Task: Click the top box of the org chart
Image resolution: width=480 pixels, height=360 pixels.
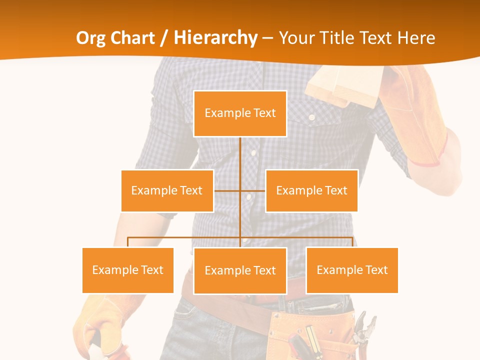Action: pos(240,113)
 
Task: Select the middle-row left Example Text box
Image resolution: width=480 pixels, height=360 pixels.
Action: pos(167,190)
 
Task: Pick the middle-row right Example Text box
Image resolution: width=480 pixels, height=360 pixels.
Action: pos(311,190)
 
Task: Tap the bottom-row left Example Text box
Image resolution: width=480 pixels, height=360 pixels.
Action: pos(127,270)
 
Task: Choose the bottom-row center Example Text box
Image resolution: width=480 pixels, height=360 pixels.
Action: pos(240,270)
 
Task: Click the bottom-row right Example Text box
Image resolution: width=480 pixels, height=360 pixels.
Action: pos(352,270)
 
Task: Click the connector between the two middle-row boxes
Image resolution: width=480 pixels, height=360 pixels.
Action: pos(240,190)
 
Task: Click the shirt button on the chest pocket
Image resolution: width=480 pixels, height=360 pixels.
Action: pos(311,117)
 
